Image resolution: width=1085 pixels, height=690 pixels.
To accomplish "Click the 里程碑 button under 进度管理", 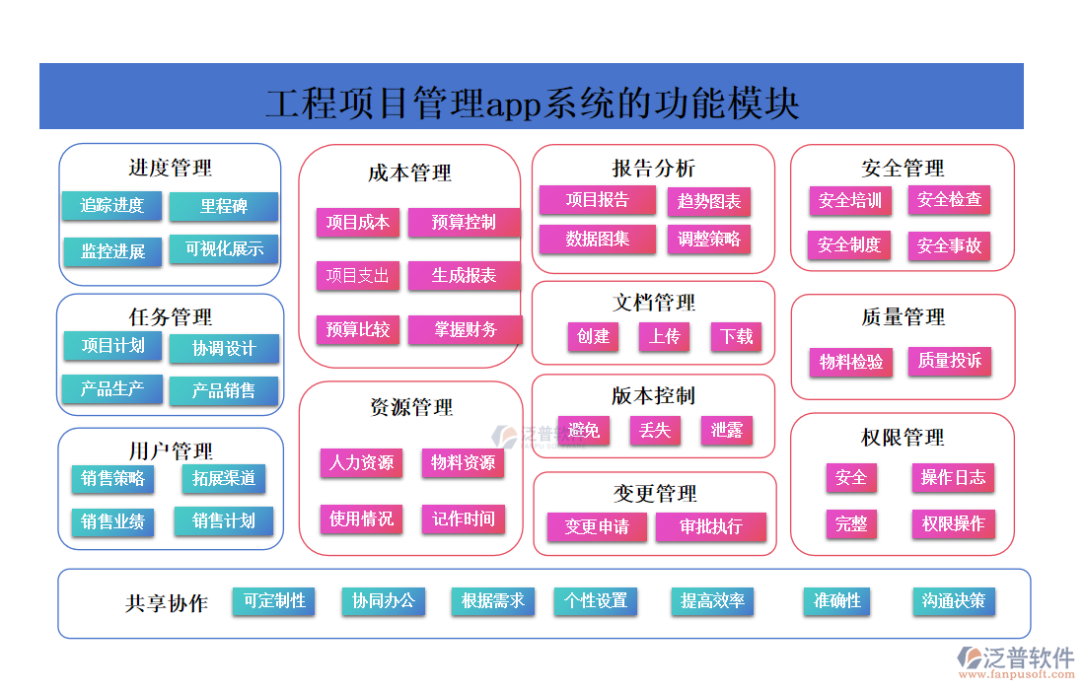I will tap(224, 206).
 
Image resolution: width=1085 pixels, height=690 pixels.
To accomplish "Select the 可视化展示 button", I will tap(224, 249).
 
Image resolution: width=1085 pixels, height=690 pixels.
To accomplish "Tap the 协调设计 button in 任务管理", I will tap(224, 348).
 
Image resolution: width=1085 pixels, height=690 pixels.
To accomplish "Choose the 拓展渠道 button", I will tap(224, 478).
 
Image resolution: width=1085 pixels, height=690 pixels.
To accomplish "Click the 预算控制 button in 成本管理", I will tap(464, 222).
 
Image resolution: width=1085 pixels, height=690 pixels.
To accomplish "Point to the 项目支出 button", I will tap(358, 276).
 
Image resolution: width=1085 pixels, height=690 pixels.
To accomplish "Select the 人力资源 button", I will tap(361, 462).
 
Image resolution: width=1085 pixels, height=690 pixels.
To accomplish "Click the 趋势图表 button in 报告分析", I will tap(709, 201).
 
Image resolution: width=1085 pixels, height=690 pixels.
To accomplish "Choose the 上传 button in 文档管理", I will tap(664, 336).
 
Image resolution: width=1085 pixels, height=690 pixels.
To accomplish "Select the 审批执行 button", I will tap(711, 526).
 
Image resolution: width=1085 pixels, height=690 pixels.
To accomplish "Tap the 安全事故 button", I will tap(949, 245).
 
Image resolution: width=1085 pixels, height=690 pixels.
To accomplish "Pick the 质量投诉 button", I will tap(949, 361).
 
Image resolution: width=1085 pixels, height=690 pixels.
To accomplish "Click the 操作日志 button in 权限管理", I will tap(953, 477).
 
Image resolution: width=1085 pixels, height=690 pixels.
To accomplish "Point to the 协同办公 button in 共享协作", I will tap(384, 600).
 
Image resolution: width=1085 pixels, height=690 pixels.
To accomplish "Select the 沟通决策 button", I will tap(953, 600).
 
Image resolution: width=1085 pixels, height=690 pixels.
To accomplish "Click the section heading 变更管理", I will tap(655, 493).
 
